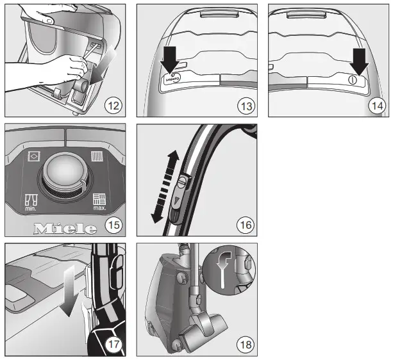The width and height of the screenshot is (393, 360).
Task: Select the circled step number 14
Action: pos(376,106)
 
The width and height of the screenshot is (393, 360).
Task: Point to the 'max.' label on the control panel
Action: pos(99,209)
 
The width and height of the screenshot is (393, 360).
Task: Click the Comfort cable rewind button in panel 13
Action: pos(171,78)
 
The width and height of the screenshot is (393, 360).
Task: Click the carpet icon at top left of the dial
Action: pos(33,156)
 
